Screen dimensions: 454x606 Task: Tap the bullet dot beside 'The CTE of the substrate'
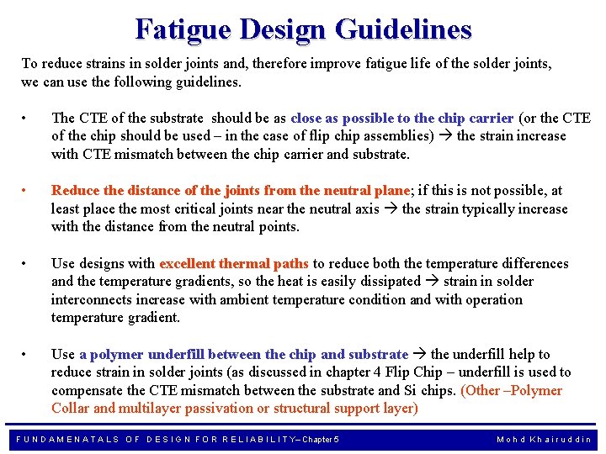(28, 119)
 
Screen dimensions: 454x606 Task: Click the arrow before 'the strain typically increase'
(391, 209)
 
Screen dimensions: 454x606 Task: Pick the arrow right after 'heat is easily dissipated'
(433, 282)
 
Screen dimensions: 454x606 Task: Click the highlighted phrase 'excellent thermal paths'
(234, 264)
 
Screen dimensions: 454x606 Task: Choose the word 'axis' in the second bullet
(365, 209)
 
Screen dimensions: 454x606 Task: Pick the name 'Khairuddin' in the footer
(562, 440)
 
